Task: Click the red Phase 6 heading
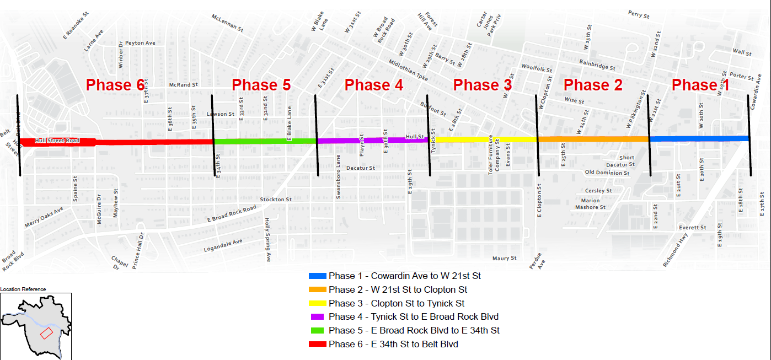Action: pyautogui.click(x=115, y=85)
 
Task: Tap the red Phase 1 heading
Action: pyautogui.click(x=700, y=85)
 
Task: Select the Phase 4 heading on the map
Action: pyautogui.click(x=374, y=85)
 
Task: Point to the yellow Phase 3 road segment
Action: pyautogui.click(x=485, y=139)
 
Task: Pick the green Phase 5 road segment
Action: pyautogui.click(x=265, y=141)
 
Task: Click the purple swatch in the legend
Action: pyautogui.click(x=318, y=317)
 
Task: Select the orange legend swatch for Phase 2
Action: pyautogui.click(x=318, y=289)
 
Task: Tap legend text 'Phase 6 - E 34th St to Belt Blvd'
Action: pyautogui.click(x=393, y=345)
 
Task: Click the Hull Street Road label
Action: pyautogui.click(x=57, y=141)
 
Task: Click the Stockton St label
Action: pyautogui.click(x=276, y=200)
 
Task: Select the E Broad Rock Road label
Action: pyautogui.click(x=232, y=214)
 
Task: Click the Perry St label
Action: pyautogui.click(x=639, y=14)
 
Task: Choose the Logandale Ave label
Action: pyautogui.click(x=223, y=244)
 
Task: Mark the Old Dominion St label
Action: pyautogui.click(x=607, y=173)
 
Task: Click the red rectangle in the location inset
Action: pyautogui.click(x=46, y=333)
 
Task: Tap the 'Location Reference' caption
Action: pyautogui.click(x=23, y=289)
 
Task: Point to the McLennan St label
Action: pyautogui.click(x=227, y=23)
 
